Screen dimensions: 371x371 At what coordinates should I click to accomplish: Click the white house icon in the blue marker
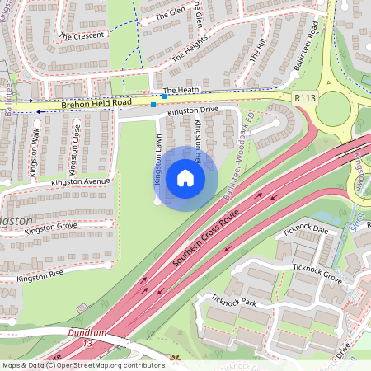coord(185,178)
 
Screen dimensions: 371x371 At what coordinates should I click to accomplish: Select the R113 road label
coord(305,97)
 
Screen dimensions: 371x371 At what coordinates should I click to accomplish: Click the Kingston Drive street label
coord(192,110)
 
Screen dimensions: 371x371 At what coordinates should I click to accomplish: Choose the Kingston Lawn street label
coord(155,161)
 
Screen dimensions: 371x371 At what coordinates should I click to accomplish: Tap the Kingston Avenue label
coord(80,181)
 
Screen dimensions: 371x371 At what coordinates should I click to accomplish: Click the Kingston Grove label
coord(50,228)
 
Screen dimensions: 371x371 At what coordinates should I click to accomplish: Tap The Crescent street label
coord(82,36)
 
